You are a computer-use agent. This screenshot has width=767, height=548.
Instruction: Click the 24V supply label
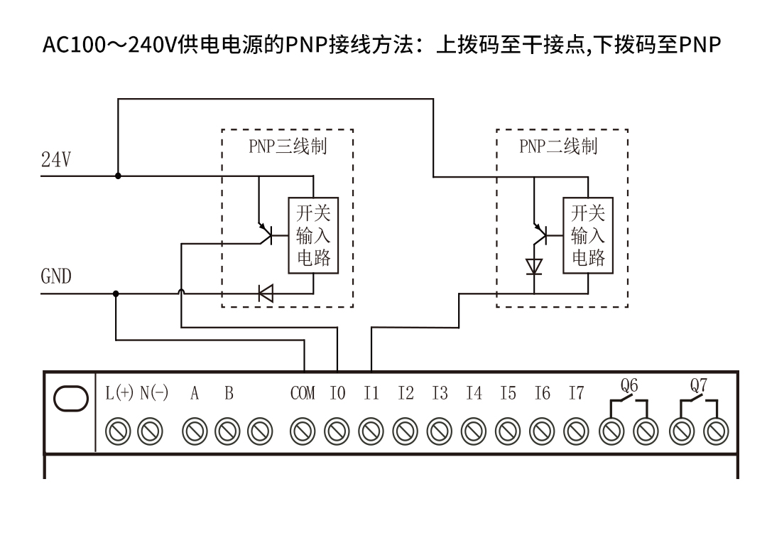pos(55,161)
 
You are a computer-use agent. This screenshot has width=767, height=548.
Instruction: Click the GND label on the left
pos(55,276)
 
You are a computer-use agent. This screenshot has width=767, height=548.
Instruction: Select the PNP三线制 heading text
pos(288,147)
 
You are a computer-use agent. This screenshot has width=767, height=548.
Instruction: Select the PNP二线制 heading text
pos(558,147)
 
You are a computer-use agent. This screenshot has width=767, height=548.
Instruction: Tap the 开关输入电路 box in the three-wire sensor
pos(313,235)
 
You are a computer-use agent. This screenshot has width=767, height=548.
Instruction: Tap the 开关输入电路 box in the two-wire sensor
pos(588,235)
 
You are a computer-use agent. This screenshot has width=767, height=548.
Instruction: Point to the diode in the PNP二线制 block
pos(534,267)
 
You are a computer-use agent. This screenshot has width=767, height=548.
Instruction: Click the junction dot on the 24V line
pos(118,175)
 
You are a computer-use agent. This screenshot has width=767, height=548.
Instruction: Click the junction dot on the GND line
pos(116,293)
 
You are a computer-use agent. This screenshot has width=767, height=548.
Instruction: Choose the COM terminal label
pos(303,393)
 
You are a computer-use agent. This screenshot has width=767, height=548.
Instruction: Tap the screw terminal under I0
pos(336,430)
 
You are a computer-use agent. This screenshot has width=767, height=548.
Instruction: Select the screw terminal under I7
pos(576,430)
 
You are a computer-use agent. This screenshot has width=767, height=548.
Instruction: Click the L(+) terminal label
pos(119,393)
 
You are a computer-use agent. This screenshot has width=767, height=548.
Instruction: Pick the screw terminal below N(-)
pos(151,430)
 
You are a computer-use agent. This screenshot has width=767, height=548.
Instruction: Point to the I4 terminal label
pos(474,393)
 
